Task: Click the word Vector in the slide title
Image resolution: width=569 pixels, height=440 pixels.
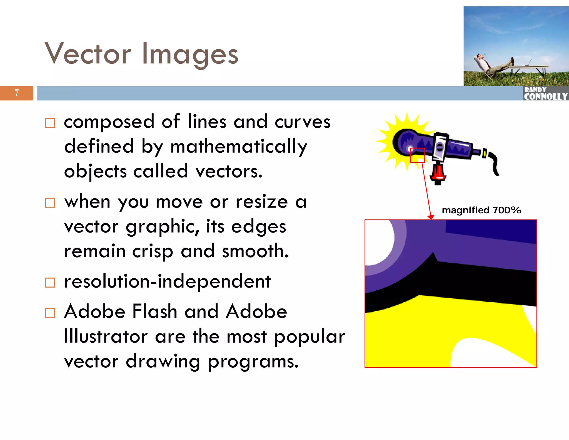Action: click(88, 53)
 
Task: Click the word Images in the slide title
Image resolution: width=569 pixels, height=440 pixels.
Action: click(190, 55)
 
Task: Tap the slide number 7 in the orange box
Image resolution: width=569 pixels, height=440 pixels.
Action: click(17, 93)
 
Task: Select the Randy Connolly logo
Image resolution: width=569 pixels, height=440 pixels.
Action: click(545, 94)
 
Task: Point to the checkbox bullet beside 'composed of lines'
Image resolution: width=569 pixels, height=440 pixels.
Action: click(50, 123)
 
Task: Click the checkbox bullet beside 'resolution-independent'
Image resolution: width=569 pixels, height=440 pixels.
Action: click(50, 283)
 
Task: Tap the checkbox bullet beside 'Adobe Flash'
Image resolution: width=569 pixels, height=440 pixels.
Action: click(50, 313)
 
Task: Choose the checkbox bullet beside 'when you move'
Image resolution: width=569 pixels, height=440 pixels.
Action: click(50, 203)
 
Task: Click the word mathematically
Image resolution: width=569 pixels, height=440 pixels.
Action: click(239, 147)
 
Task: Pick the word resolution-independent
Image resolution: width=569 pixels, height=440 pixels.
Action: click(167, 281)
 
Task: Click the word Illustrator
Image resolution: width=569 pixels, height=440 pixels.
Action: click(106, 336)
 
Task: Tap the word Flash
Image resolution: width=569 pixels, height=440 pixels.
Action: click(154, 312)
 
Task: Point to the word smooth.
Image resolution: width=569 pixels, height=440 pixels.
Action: click(255, 251)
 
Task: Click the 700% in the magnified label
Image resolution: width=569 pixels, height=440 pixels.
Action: click(507, 210)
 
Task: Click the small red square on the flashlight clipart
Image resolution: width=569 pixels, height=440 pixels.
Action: click(417, 155)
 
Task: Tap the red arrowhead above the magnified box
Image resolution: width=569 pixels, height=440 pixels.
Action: click(431, 217)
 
